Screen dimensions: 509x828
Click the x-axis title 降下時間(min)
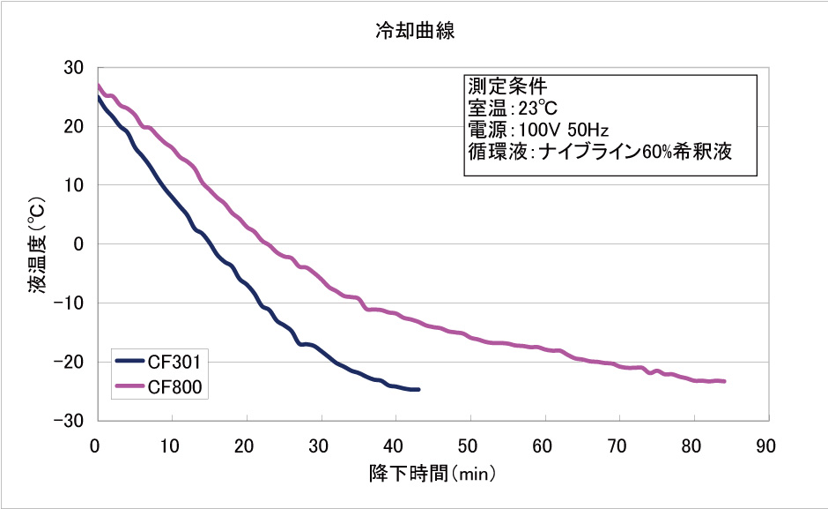tap(432, 473)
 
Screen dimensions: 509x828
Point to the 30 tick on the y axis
tap(74, 68)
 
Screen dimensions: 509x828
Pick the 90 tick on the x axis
tap(767, 445)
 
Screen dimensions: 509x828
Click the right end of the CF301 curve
tap(418, 389)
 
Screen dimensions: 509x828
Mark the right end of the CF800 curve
tap(723, 381)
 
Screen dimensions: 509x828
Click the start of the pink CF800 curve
tap(97, 86)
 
